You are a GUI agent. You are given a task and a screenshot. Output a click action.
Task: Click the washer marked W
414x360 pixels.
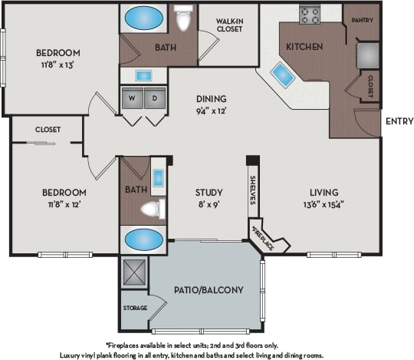[133, 98]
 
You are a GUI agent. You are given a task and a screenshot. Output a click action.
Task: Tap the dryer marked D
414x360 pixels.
[155, 98]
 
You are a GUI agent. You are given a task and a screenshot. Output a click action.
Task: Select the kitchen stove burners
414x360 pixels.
[310, 15]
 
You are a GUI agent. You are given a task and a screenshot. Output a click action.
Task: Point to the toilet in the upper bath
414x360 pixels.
[183, 18]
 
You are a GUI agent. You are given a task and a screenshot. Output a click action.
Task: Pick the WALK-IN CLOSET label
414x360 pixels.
[229, 25]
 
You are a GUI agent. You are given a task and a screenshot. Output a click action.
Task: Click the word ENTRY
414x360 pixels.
[399, 121]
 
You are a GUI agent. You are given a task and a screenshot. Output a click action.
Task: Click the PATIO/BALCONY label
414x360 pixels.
[209, 289]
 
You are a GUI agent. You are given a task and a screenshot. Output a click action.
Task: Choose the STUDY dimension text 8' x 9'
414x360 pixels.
[207, 205]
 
